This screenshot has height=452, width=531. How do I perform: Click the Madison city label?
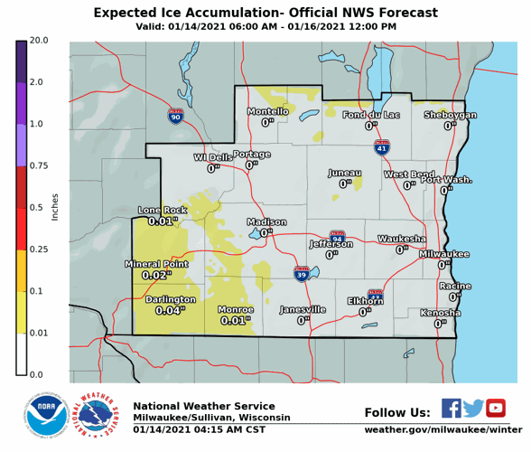point(266,221)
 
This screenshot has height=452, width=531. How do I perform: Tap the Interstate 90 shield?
point(174,116)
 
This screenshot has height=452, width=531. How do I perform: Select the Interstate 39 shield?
point(301,273)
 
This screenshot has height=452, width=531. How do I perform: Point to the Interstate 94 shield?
point(338,237)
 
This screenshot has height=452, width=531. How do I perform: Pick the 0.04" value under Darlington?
point(170,310)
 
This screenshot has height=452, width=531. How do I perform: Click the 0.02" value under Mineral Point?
point(156,275)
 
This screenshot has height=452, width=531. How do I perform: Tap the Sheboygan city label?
point(450,115)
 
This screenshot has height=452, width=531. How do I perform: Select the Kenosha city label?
point(440,313)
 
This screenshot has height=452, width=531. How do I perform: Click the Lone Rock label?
point(163,210)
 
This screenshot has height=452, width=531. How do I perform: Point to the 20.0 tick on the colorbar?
point(38,41)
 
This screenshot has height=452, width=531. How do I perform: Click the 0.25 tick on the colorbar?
point(38,249)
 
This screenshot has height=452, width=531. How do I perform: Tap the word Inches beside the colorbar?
point(55,208)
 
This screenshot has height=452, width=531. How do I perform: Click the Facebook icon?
point(452,408)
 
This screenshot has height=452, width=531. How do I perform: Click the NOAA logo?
point(44,415)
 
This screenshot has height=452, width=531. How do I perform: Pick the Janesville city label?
point(303,309)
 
